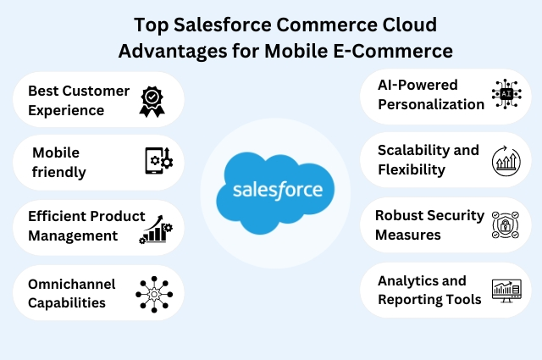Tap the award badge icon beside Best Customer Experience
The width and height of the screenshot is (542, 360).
point(152,100)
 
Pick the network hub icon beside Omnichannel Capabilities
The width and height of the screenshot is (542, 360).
point(154,294)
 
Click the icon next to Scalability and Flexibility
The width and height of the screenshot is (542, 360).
point(507,161)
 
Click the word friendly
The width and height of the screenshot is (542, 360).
point(58,173)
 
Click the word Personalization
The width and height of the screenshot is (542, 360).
point(431,104)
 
